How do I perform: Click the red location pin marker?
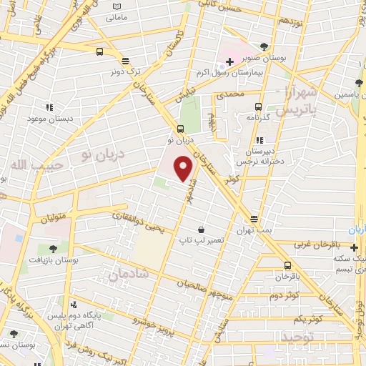coord(184,169)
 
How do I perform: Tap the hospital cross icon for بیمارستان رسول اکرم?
coord(229,64)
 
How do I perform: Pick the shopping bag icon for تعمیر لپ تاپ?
coord(202,229)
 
